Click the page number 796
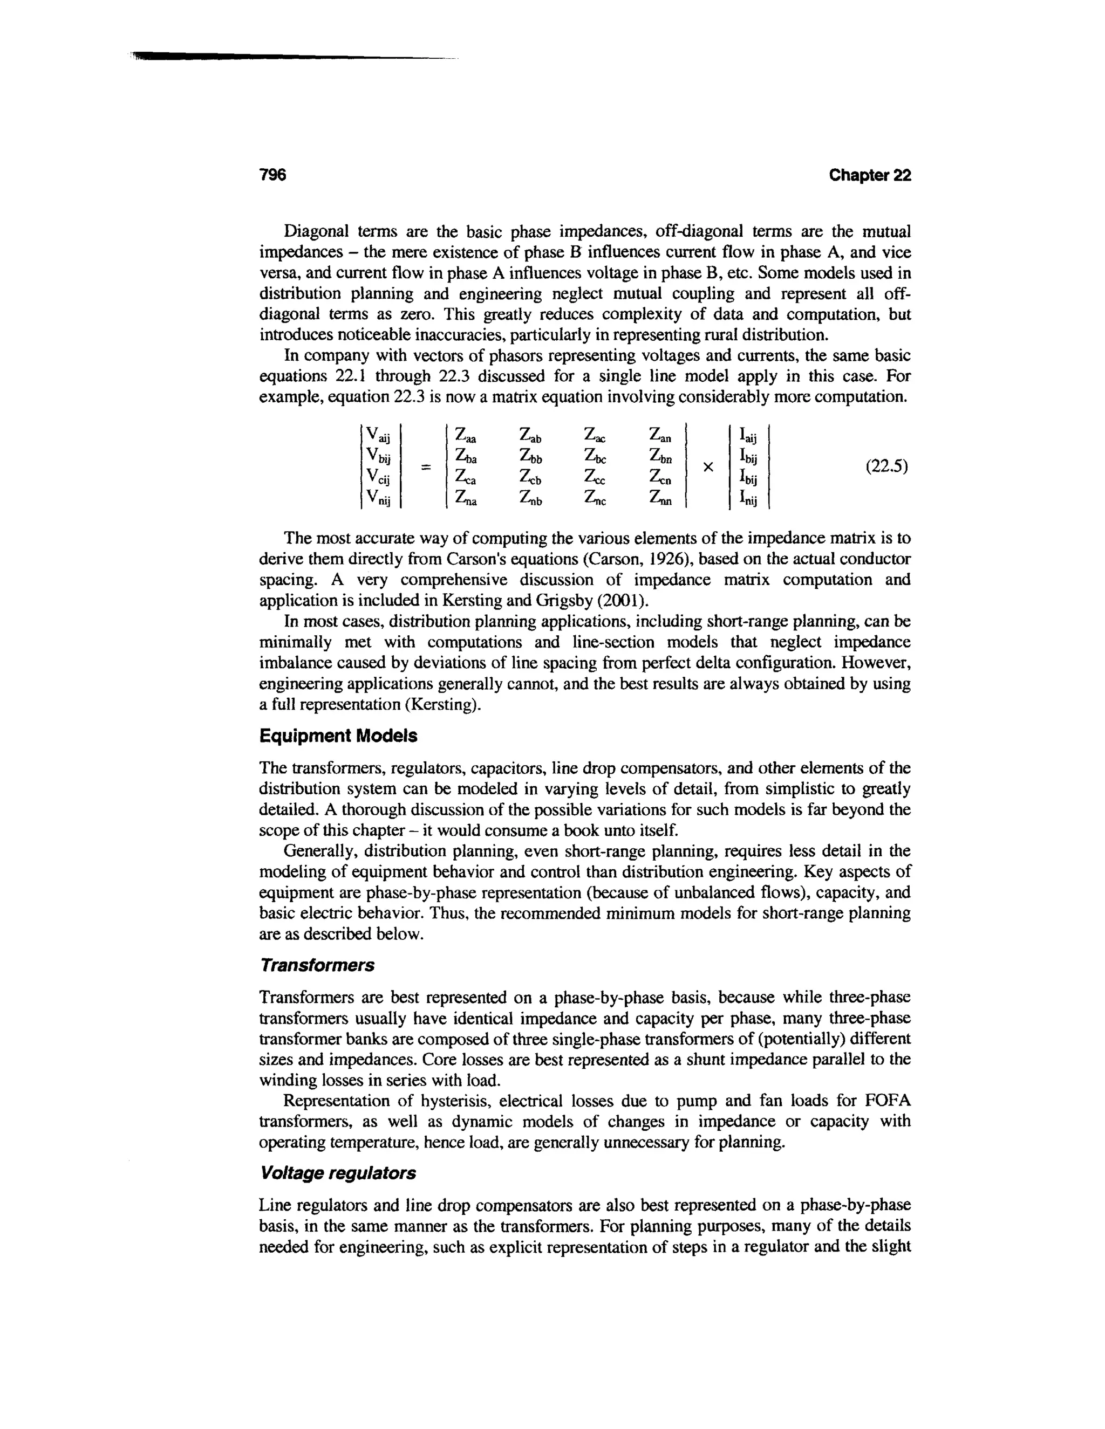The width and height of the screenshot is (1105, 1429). [274, 175]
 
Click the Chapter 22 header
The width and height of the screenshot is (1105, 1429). [869, 175]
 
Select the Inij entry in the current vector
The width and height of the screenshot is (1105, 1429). [748, 500]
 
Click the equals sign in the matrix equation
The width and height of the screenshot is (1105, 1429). [426, 467]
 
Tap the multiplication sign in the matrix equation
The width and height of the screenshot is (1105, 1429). [707, 467]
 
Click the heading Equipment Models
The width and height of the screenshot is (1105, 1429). [338, 736]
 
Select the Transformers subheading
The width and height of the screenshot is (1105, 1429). [317, 965]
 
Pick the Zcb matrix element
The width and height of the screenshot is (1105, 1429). [531, 478]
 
